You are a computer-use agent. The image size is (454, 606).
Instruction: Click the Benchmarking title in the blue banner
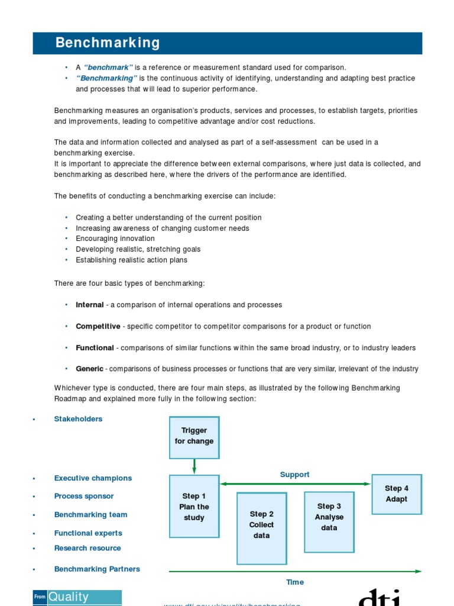(108, 43)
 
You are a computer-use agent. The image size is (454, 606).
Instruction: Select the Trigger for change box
(194, 437)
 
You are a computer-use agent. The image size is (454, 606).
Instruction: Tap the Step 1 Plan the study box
(194, 507)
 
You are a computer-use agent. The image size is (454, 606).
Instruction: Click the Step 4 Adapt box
(396, 494)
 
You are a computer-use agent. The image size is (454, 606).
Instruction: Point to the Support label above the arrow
(294, 475)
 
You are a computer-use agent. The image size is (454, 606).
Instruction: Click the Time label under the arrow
(294, 582)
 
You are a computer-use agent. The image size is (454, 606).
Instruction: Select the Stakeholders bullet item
(78, 419)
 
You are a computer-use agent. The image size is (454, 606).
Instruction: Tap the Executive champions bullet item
(93, 478)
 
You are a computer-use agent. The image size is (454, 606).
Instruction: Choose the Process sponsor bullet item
(84, 496)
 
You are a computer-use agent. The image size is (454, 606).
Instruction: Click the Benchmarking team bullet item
(90, 515)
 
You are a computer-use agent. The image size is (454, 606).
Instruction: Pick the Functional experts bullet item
(88, 533)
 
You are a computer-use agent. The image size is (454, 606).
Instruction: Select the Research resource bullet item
(87, 548)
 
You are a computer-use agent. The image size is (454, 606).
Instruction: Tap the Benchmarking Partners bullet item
(97, 569)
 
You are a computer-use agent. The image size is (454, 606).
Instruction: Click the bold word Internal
(89, 305)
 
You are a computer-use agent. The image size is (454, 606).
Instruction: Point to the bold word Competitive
(98, 326)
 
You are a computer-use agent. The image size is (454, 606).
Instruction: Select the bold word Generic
(89, 369)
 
